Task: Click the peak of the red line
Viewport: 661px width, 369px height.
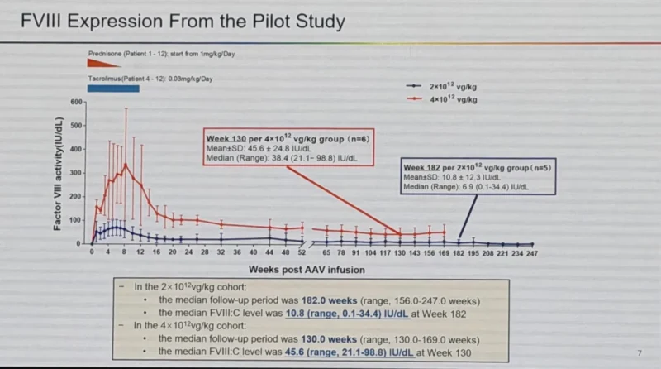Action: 126,164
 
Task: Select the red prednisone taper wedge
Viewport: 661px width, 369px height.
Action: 102,62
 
